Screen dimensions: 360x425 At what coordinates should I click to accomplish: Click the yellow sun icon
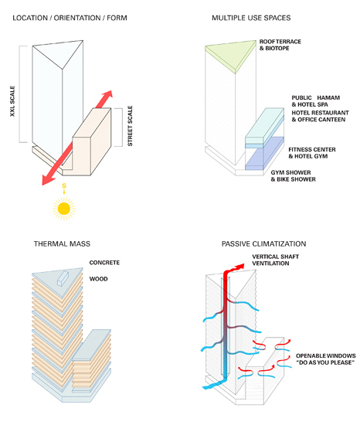(64, 209)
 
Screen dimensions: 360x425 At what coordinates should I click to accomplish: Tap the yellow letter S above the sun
(64, 186)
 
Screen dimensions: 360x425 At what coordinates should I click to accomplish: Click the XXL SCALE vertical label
(12, 101)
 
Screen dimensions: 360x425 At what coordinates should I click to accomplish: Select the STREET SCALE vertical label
(130, 126)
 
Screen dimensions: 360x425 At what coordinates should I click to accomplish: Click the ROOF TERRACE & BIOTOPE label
(280, 45)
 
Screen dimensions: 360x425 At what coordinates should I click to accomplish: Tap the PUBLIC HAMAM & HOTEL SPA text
(315, 101)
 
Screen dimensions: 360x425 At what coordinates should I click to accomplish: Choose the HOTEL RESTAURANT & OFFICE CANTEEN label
(320, 116)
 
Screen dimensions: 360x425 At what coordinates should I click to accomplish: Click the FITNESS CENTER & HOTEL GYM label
(312, 153)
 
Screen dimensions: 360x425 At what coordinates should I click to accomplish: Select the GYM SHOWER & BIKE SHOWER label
(293, 176)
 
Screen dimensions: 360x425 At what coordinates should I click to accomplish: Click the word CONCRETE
(104, 263)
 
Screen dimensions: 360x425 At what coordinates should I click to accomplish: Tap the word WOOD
(99, 279)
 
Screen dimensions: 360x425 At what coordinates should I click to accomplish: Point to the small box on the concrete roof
(63, 278)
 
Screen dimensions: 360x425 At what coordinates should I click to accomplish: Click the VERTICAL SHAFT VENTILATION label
(275, 260)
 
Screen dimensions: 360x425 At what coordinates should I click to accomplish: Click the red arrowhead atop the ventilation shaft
(239, 266)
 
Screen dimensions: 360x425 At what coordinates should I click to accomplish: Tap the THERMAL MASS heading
(62, 244)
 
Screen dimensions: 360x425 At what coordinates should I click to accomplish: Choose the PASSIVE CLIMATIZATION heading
(264, 244)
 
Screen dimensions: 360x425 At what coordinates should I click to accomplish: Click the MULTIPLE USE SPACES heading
(251, 18)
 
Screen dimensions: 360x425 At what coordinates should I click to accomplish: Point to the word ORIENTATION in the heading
(77, 18)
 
